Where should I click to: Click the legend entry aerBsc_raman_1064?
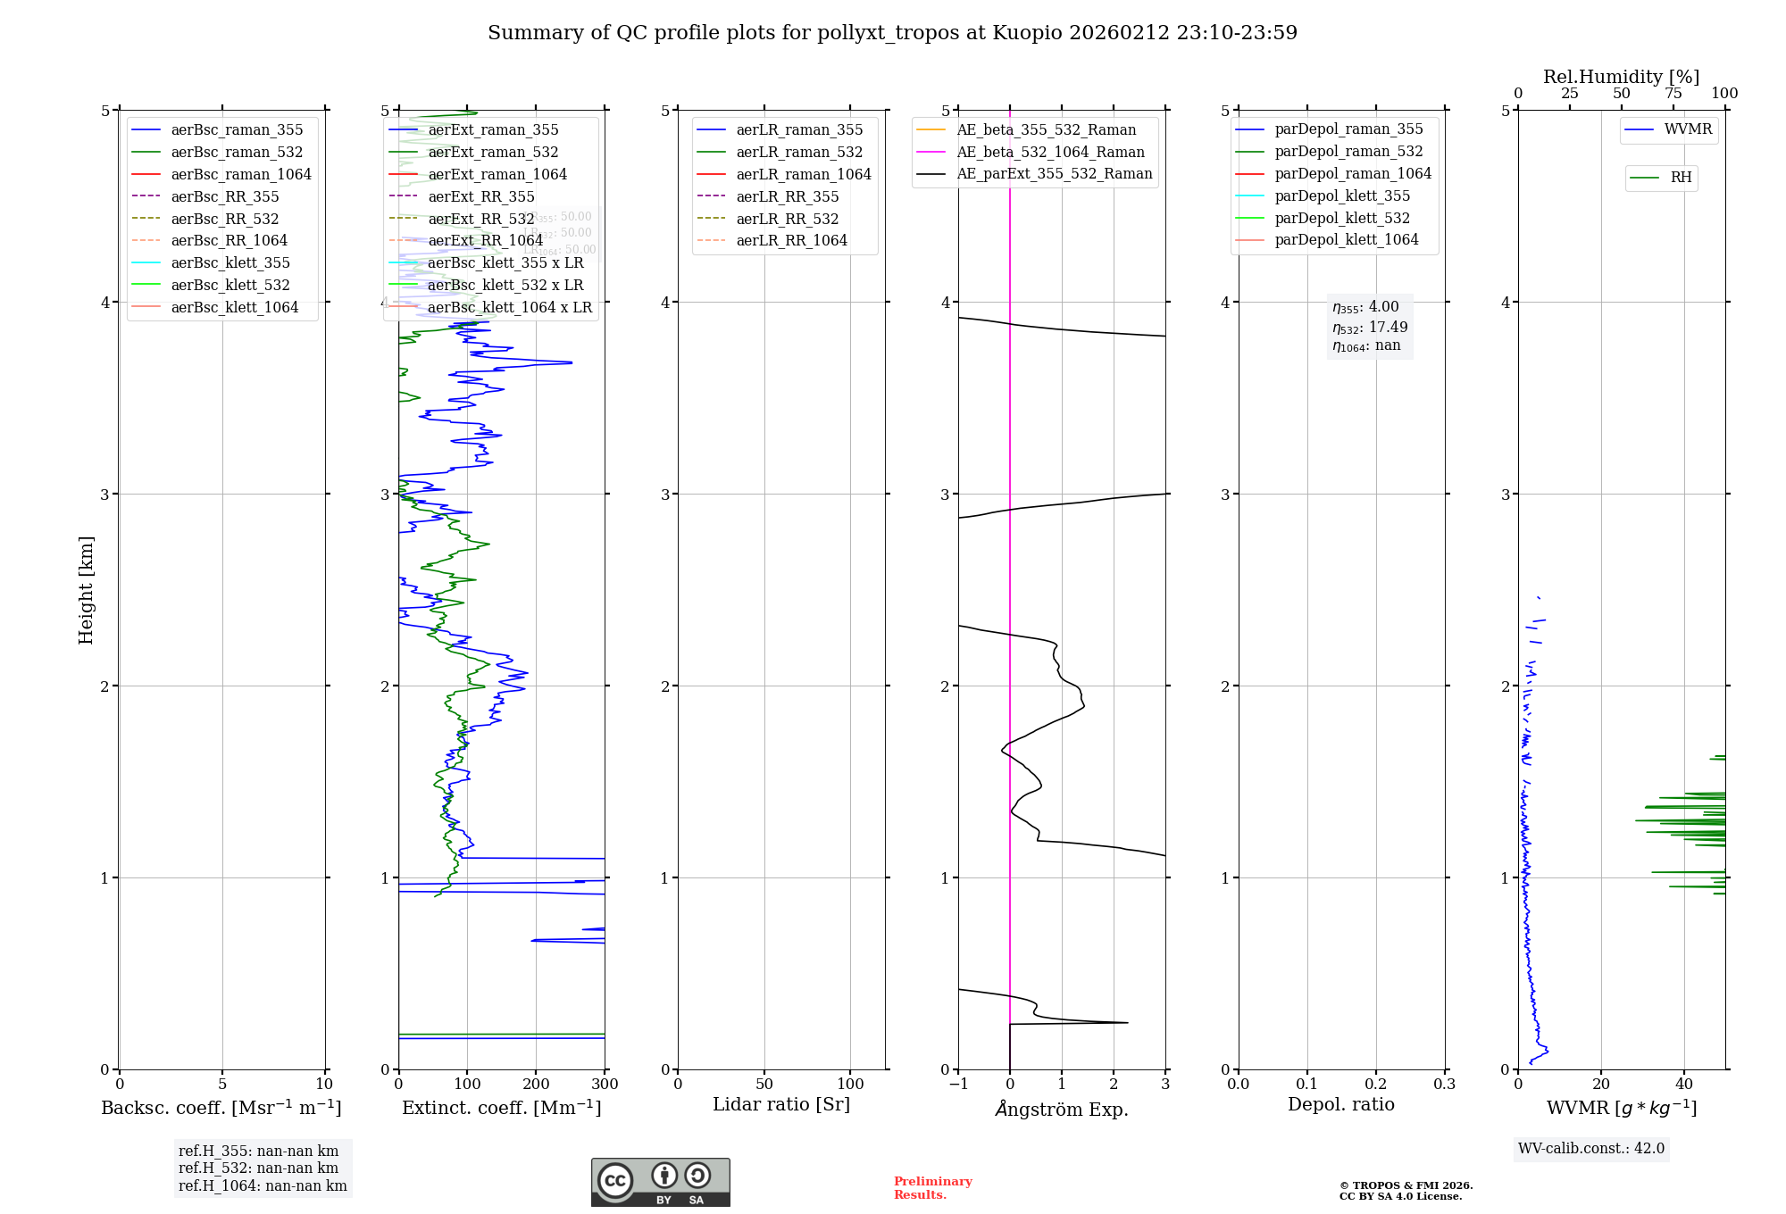click(241, 174)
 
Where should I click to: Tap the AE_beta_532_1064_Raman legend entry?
click(1050, 152)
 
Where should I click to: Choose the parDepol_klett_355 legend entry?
click(1341, 195)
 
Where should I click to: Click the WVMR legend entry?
click(1687, 129)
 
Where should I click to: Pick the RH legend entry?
click(1681, 178)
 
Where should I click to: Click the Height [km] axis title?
click(86, 589)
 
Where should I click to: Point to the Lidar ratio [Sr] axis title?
click(781, 1104)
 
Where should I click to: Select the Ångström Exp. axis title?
click(1062, 1109)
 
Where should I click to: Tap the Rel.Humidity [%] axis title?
click(1621, 77)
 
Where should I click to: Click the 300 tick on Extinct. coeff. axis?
click(605, 1084)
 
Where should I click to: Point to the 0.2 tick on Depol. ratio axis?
click(1376, 1084)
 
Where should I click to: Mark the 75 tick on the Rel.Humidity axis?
click(1673, 94)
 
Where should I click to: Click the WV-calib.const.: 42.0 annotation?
click(1591, 1148)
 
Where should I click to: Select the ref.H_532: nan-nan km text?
click(258, 1168)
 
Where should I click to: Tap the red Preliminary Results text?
click(932, 1187)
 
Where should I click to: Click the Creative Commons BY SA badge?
click(660, 1183)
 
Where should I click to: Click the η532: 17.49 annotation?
click(1370, 327)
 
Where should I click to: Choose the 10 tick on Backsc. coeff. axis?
click(324, 1084)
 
